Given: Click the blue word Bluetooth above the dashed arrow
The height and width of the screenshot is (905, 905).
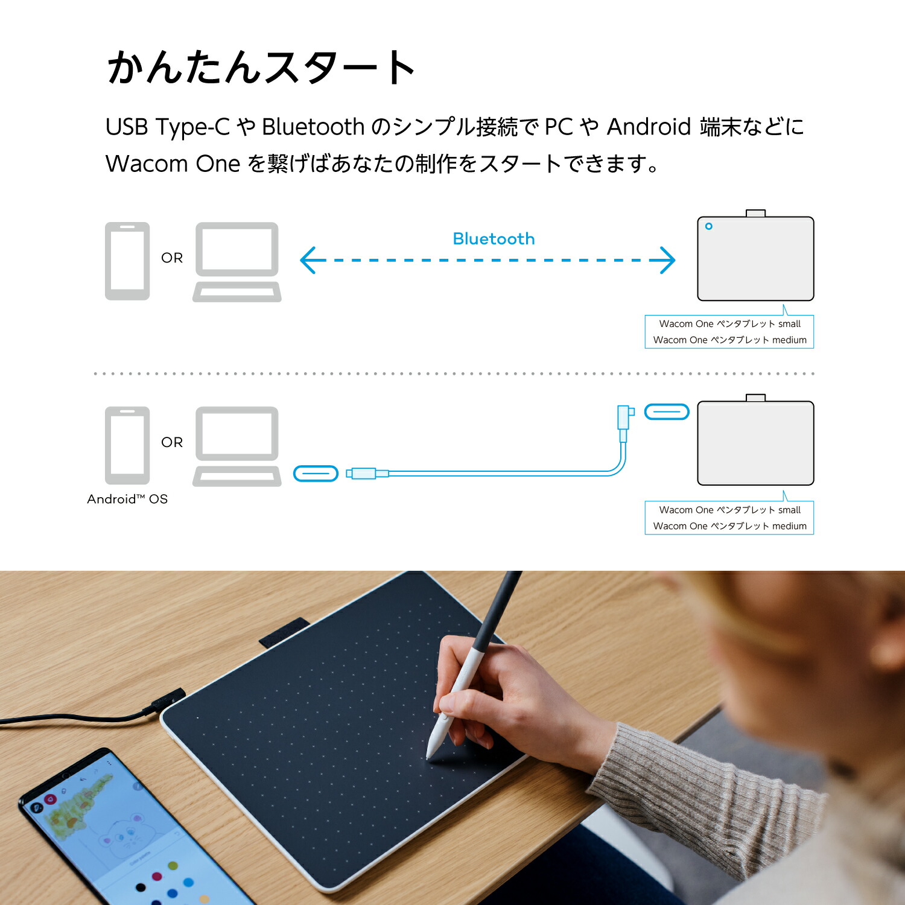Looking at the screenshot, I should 494,239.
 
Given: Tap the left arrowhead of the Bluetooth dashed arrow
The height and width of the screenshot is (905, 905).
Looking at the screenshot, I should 309,260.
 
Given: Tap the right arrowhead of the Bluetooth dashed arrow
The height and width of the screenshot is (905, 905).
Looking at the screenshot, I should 665,260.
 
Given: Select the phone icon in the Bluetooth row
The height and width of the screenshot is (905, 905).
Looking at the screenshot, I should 127,261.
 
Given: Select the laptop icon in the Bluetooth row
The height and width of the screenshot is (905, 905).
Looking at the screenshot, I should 237,262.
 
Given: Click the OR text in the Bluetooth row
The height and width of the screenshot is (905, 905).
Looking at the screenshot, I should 172,258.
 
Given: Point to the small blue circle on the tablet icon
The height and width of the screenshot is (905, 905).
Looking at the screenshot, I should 709,226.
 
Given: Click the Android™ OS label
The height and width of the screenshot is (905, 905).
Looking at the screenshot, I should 127,499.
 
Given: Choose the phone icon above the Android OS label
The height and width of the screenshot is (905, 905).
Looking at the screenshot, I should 127,445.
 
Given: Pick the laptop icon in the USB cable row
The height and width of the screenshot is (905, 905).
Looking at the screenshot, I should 237,446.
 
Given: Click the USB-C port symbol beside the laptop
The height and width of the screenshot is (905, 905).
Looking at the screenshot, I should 316,474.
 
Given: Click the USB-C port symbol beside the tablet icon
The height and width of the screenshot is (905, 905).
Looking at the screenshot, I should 667,412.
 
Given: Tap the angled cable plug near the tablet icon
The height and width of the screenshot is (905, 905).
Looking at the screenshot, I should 624,418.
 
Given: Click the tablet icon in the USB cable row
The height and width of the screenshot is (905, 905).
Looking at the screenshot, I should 755,443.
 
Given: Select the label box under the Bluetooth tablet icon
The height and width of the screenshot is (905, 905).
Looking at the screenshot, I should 729,332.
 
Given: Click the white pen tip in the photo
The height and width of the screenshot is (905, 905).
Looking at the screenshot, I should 429,753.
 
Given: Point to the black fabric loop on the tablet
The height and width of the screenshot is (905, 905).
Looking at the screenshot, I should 284,632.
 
